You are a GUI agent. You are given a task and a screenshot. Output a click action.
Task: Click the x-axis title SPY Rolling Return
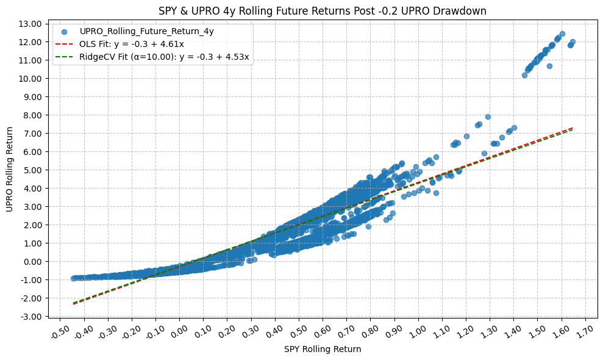click(x=323, y=350)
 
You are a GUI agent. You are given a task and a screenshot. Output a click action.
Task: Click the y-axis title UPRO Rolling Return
click(x=10, y=169)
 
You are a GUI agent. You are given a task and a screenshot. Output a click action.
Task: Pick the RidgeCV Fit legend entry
click(x=164, y=57)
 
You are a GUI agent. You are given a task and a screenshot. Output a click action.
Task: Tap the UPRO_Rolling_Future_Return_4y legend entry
click(x=146, y=31)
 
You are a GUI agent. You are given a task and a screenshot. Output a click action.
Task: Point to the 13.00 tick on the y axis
click(x=31, y=24)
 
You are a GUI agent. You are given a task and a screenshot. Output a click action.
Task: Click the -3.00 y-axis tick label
click(x=31, y=316)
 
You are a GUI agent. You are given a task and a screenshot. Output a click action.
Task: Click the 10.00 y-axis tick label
click(x=31, y=78)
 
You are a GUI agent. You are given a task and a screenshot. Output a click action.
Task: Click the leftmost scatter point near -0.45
click(x=74, y=278)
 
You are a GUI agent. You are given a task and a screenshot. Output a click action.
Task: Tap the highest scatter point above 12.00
click(x=562, y=34)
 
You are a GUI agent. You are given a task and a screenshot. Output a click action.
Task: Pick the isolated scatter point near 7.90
click(x=488, y=117)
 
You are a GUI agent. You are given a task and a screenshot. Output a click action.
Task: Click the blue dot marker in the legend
click(x=64, y=31)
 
